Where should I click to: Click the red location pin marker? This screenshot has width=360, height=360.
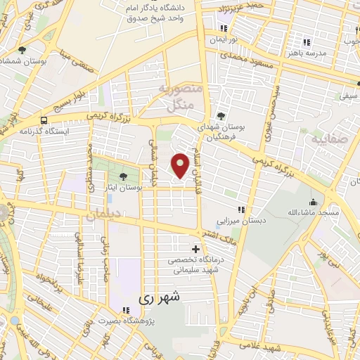click(x=181, y=165)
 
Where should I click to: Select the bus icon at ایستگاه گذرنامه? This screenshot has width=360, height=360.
click(x=44, y=120)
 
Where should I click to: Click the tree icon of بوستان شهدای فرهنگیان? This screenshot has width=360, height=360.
click(x=221, y=116)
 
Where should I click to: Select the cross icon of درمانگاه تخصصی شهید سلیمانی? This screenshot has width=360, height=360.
click(x=196, y=248)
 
